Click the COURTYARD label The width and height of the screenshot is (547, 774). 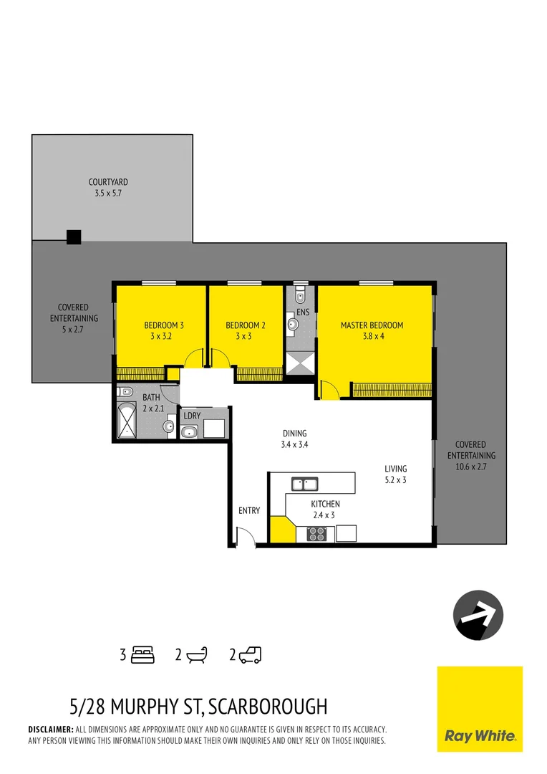(x=108, y=182)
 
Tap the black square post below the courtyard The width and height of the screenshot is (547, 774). (x=74, y=237)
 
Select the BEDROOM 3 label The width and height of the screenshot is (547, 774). (x=164, y=325)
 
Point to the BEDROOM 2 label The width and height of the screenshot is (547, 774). (x=246, y=325)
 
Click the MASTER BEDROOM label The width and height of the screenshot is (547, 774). (x=372, y=325)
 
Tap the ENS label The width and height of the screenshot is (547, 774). (x=303, y=312)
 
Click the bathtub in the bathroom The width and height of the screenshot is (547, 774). (x=127, y=420)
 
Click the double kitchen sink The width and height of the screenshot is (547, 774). (x=304, y=484)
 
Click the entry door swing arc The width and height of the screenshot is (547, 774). (x=244, y=536)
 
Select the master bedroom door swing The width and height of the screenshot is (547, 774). (x=329, y=390)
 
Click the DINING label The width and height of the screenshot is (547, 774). (x=294, y=434)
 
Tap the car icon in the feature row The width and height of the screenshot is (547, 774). (x=251, y=654)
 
